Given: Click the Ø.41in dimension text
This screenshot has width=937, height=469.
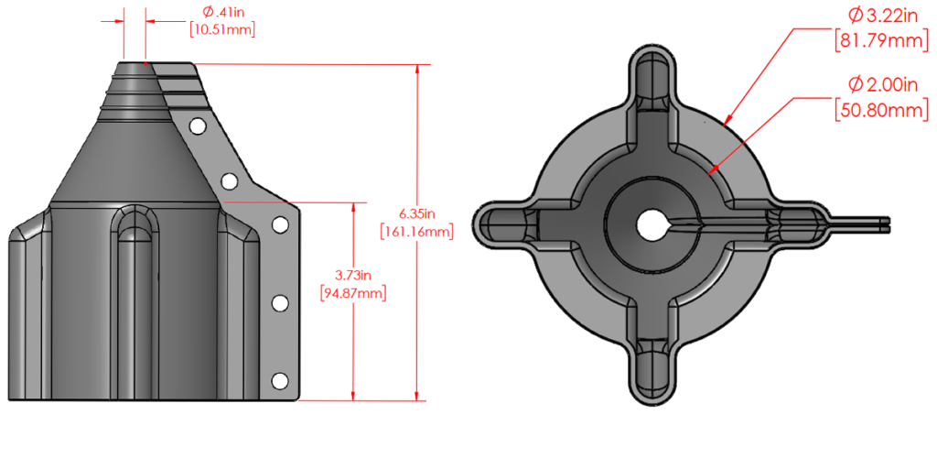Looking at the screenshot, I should (x=221, y=12).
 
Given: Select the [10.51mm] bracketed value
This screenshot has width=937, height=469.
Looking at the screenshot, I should (x=221, y=29).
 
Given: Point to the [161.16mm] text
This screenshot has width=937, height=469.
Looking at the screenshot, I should (x=415, y=232).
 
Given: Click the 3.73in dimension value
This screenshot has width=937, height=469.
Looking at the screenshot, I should (x=352, y=276).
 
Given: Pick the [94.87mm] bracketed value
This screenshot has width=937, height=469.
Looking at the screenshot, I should (x=352, y=293).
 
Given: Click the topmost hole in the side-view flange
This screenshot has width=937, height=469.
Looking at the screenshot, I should (x=197, y=125).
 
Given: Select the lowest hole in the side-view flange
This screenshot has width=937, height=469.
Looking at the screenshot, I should (x=280, y=379).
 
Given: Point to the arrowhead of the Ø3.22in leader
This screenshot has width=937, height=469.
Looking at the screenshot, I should (x=725, y=120).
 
